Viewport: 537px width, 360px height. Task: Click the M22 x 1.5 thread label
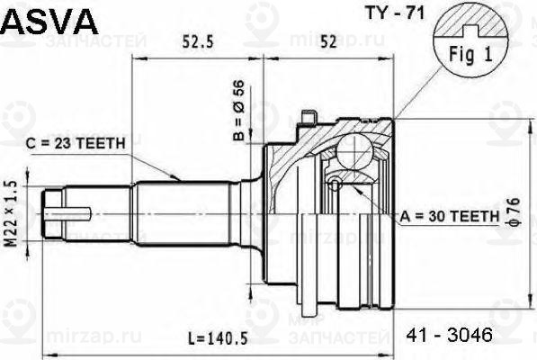point(13,213)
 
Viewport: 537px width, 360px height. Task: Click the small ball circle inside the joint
point(335,184)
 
